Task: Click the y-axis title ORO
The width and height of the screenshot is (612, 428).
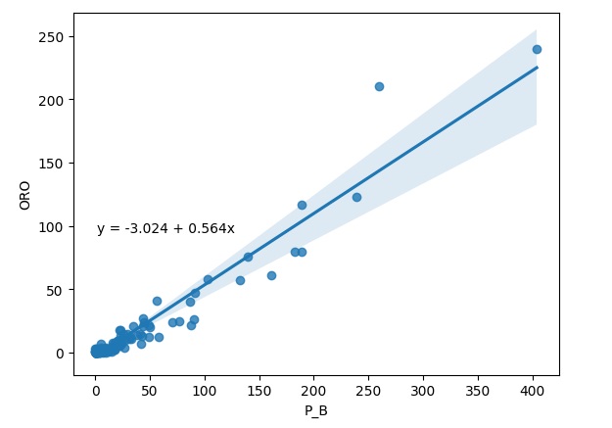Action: (x=24, y=194)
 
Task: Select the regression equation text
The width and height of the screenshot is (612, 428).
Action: (x=165, y=229)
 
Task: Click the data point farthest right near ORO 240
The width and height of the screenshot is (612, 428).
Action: (x=537, y=49)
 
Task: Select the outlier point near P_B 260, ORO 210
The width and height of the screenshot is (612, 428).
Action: (x=379, y=86)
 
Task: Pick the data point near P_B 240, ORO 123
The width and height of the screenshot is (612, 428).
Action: (x=356, y=197)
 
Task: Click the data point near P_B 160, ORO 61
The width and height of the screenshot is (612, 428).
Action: (x=271, y=275)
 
